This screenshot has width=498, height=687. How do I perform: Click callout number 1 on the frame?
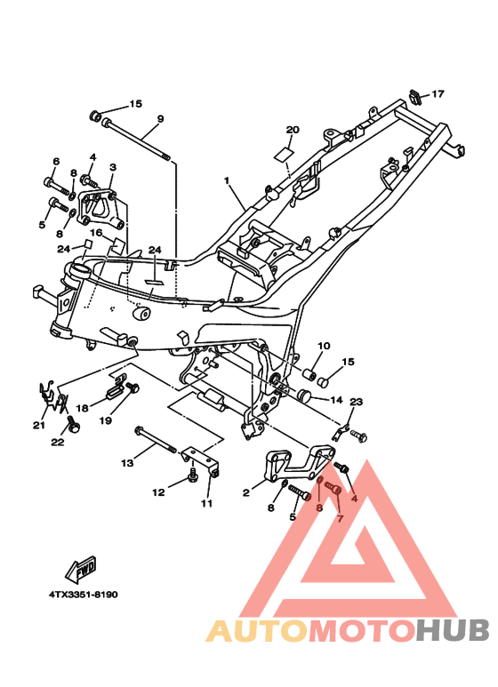click(x=227, y=180)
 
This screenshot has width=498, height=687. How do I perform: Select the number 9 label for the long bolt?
click(x=161, y=119)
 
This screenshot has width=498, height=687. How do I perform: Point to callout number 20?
click(x=293, y=130)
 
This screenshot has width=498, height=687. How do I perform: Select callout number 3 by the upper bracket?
click(x=113, y=166)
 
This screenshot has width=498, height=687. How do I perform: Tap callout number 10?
click(x=323, y=346)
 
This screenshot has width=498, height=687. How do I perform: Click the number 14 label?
click(x=336, y=400)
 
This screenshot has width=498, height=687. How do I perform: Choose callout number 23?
click(x=357, y=402)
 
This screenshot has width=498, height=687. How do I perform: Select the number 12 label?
click(x=159, y=491)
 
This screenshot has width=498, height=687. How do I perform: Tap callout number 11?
click(x=206, y=504)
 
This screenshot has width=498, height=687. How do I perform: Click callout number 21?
click(x=39, y=425)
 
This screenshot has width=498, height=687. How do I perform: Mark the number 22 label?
click(x=58, y=442)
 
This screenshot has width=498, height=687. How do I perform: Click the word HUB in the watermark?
click(x=453, y=630)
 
